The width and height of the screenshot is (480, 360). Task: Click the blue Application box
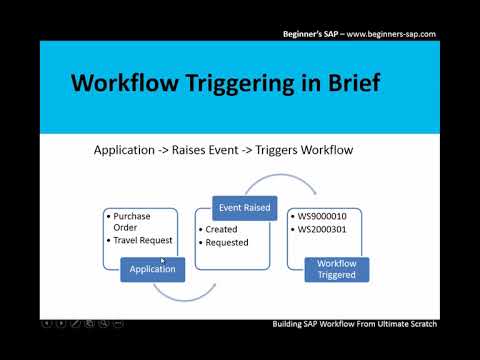pos(153,269)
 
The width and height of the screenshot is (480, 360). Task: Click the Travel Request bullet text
pos(143,239)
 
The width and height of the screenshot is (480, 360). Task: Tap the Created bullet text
pos(221,229)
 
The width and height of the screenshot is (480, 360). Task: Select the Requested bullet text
pos(227,242)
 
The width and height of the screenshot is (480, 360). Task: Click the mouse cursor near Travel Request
pos(163,260)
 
